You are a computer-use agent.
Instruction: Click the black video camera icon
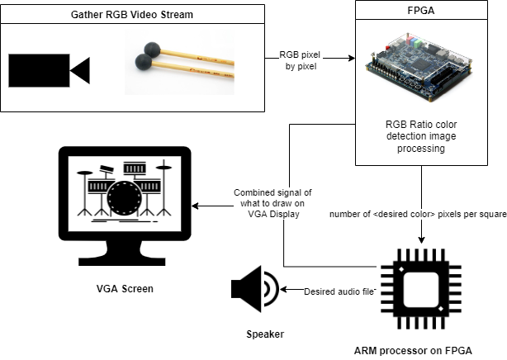tap(49, 70)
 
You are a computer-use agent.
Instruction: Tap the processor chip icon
tap(421, 290)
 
